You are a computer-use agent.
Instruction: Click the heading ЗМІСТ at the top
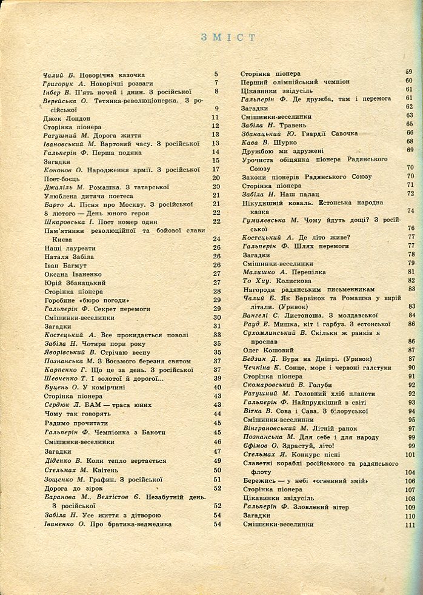click(228, 38)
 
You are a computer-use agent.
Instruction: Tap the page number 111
click(409, 525)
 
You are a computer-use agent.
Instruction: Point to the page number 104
click(409, 472)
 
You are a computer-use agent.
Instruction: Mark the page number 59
click(409, 72)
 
